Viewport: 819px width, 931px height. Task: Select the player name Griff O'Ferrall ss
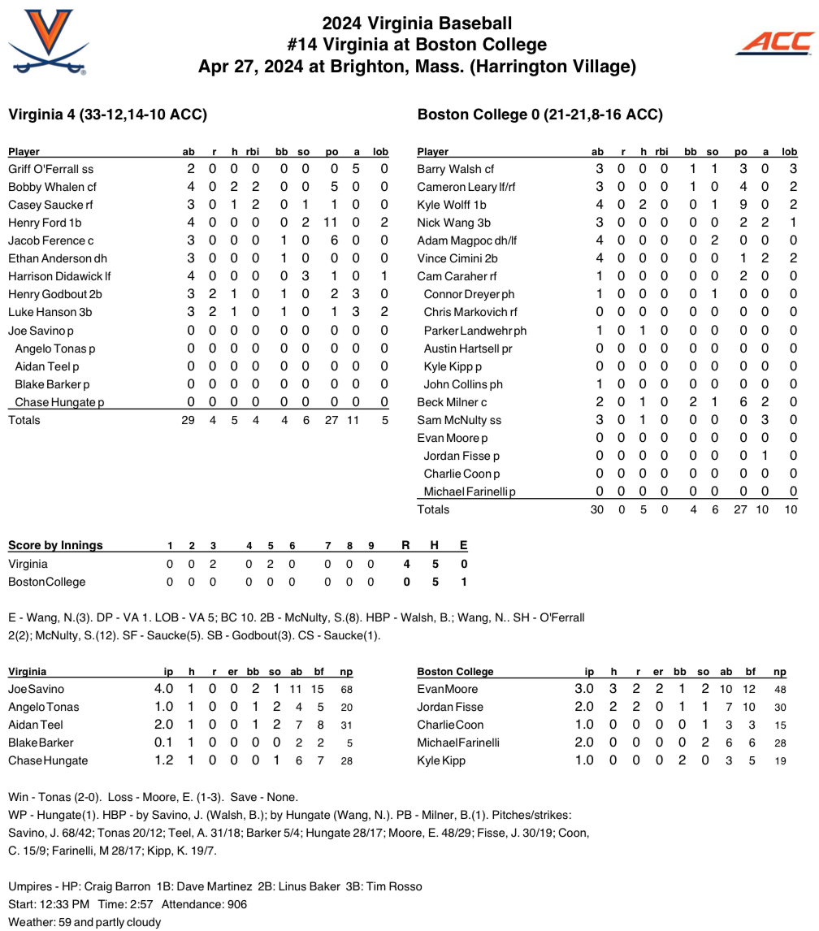click(x=50, y=169)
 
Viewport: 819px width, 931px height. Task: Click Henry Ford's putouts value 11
click(x=331, y=223)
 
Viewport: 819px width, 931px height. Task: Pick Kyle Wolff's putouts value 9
click(x=743, y=205)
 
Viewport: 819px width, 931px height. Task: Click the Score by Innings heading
click(x=55, y=545)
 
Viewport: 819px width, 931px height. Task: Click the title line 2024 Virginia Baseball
click(x=417, y=24)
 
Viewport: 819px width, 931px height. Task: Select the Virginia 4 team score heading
click(x=107, y=115)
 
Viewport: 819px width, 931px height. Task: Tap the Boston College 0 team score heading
click(x=539, y=115)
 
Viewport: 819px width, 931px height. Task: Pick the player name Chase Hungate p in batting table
click(x=59, y=402)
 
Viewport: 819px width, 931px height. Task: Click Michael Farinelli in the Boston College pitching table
click(x=458, y=743)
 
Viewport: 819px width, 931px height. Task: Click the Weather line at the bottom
click(x=84, y=922)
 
